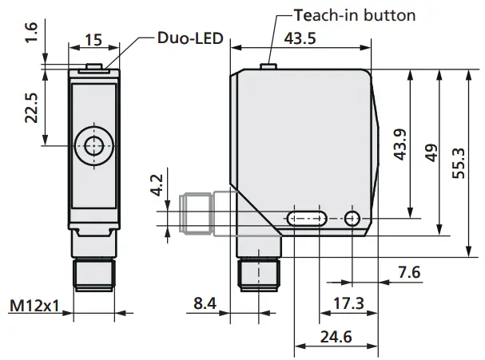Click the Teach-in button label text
356,15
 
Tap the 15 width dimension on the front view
93,39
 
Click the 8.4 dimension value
205,304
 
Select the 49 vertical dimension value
431,152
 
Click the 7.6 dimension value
409,275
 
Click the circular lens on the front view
93,146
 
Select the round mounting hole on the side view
352,218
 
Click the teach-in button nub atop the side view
269,65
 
